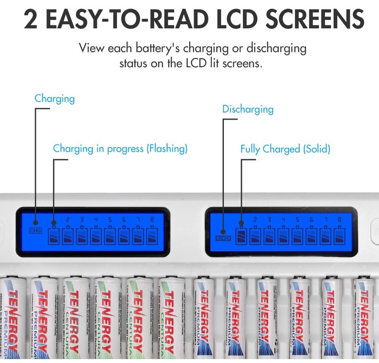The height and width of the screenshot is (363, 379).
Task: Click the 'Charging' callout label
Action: [54, 98]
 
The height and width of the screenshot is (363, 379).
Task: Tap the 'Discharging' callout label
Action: [248, 109]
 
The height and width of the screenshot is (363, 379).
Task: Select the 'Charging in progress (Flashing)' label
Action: [120, 149]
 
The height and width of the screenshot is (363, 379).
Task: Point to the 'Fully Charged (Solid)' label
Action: [285, 149]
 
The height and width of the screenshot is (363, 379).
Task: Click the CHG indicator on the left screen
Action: [36, 231]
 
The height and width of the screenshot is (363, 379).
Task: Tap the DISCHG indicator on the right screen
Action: [222, 238]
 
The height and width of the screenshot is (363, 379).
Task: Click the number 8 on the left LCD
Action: [152, 220]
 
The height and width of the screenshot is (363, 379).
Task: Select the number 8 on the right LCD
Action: [339, 220]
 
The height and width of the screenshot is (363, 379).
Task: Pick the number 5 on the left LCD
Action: [110, 220]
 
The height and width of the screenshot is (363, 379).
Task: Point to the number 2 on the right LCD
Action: [255, 220]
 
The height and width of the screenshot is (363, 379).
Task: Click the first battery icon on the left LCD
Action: [54, 236]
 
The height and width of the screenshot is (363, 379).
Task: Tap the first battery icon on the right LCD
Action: [241, 236]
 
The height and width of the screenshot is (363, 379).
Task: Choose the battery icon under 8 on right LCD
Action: [339, 236]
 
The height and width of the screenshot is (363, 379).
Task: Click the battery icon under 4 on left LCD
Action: [96, 236]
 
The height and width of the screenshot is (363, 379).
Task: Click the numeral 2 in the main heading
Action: [31, 20]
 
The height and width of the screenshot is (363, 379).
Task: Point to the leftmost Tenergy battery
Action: [12, 318]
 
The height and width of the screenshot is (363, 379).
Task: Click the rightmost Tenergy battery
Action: [363, 318]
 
